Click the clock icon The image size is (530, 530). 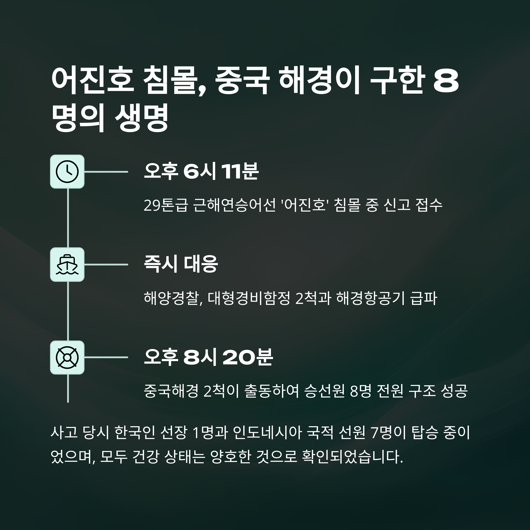tap(67, 172)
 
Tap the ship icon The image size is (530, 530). tap(67, 265)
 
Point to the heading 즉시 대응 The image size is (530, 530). tap(181, 264)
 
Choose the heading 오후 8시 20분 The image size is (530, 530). tap(208, 357)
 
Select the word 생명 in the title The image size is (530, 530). tap(142, 119)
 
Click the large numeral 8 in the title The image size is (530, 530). tap(446, 82)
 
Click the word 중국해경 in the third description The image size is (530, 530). tap(171, 391)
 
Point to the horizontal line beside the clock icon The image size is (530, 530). tap(106, 172)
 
